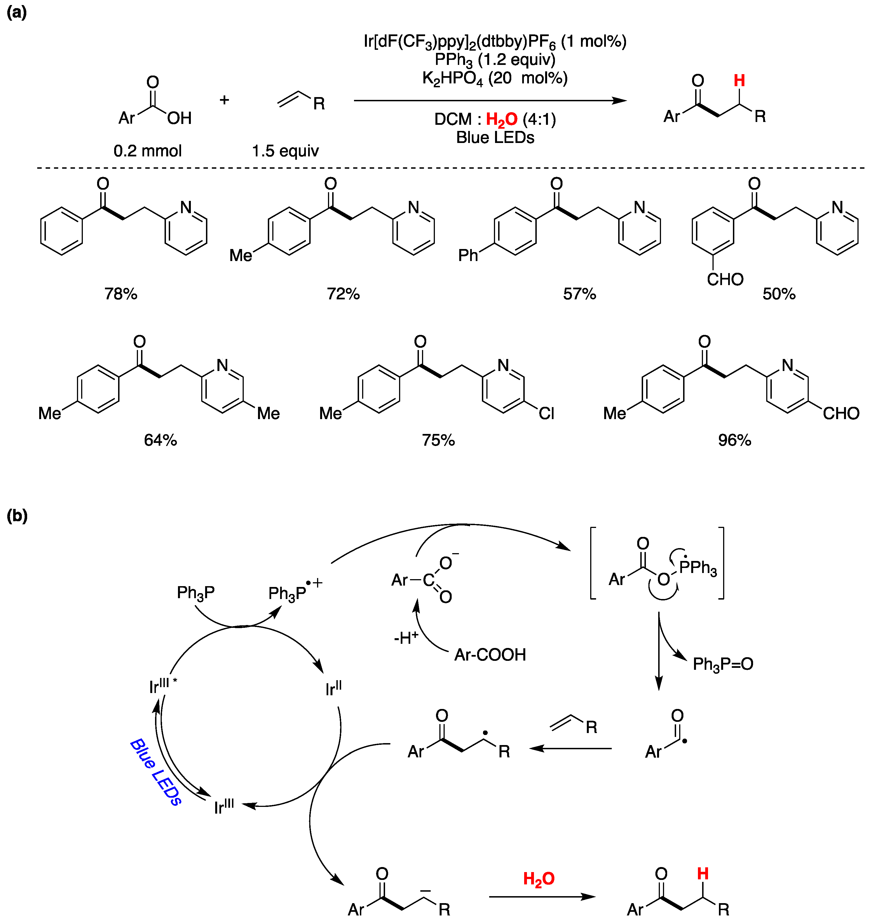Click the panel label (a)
point(17,13)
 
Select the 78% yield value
point(121,294)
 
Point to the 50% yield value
point(779,294)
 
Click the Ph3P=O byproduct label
point(723,664)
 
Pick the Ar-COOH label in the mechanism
point(490,655)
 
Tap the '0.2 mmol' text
point(147,151)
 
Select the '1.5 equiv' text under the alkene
point(285,151)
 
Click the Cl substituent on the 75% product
point(546,413)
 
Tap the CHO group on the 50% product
point(725,279)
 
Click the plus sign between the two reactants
point(224,100)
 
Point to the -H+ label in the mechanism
point(406,638)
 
